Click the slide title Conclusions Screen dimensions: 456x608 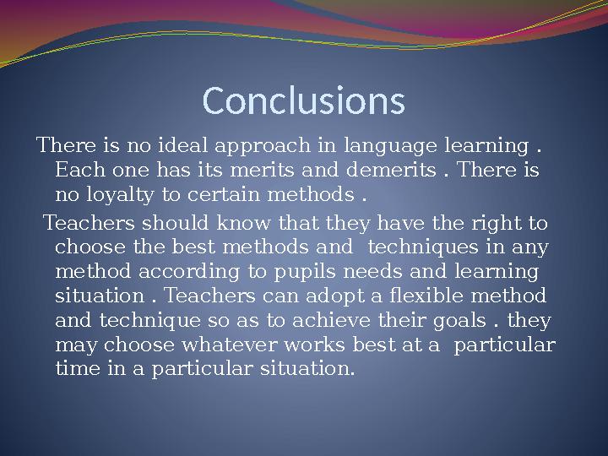coord(304,100)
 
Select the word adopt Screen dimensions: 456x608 coord(340,297)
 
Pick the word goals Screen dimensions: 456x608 coord(462,322)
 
